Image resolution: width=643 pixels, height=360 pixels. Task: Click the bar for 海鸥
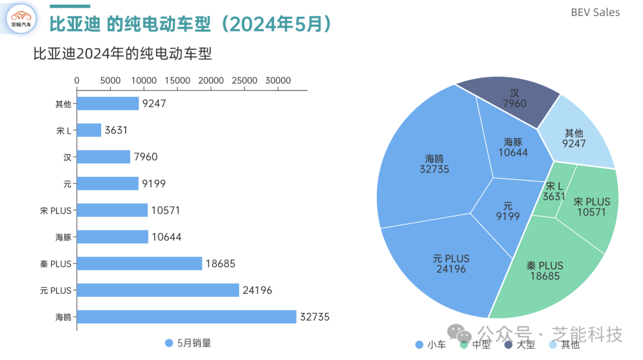pos(186,317)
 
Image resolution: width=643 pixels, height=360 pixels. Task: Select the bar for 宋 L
pos(89,130)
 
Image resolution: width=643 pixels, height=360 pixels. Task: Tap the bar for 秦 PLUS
pos(139,263)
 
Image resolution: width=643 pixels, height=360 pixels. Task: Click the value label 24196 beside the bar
pos(257,290)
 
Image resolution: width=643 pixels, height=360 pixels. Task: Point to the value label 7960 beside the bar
pos(146,156)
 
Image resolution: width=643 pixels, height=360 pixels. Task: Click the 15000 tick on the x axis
pos(177,81)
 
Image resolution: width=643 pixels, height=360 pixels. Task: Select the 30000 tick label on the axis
pos(278,81)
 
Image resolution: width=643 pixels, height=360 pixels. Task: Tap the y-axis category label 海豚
pos(64,237)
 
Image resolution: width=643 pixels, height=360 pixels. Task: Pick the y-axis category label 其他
pos(64,104)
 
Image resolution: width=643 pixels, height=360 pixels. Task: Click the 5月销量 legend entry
pos(188,343)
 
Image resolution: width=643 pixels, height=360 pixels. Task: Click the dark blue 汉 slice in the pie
pos(508,101)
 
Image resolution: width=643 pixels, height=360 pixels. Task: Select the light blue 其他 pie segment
pos(576,132)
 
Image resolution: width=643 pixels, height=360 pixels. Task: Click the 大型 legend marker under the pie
pos(508,345)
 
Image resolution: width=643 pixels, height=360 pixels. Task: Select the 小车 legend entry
pos(430,345)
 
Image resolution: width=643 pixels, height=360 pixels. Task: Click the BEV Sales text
pos(595,12)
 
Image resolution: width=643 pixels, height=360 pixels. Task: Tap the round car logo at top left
pos(21,19)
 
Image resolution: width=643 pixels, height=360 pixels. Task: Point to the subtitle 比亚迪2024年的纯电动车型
pos(122,54)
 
